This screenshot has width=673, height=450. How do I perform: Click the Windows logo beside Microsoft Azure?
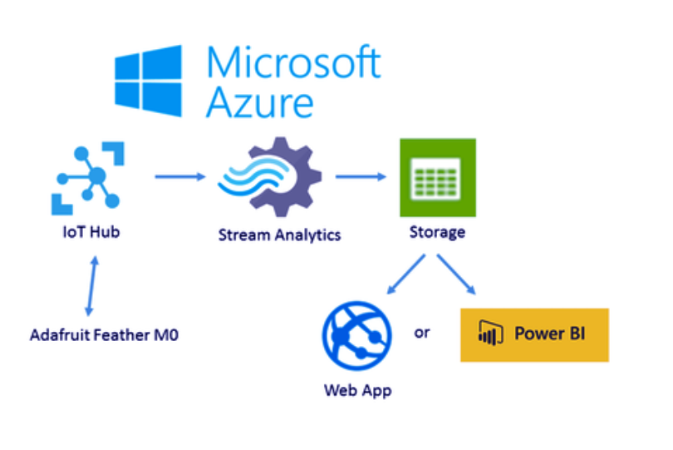point(148,81)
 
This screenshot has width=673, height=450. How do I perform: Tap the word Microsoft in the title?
point(293,62)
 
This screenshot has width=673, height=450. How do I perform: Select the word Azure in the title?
point(260,101)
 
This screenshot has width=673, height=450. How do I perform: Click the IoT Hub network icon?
point(88,178)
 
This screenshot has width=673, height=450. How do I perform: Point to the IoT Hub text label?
point(91,232)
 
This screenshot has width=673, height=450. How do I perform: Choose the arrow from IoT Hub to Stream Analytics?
point(180,176)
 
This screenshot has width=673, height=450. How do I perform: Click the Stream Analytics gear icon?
point(269,177)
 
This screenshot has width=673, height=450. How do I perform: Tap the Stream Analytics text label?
point(279,235)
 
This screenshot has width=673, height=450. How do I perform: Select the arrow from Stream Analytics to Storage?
point(361,176)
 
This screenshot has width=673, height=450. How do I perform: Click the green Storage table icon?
point(438,177)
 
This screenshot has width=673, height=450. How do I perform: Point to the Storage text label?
point(437,233)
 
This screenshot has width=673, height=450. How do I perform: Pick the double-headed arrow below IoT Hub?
point(92,286)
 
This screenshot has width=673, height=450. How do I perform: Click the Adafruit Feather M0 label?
point(104,335)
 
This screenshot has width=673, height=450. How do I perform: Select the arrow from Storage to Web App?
point(406,274)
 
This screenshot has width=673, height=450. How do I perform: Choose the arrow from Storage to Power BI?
point(457,274)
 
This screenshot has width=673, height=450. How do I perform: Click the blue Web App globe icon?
point(356,336)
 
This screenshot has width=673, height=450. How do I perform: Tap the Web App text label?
point(357,391)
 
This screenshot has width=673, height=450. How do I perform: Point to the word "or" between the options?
point(422,332)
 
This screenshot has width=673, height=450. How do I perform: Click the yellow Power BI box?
point(534,335)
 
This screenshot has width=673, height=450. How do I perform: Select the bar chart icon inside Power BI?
point(490,333)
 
